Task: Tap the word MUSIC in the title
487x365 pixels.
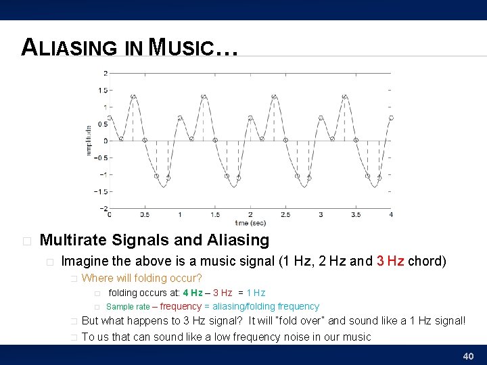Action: coord(181,48)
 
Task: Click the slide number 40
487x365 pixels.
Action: coord(467,356)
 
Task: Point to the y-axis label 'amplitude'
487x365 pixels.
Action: coord(89,141)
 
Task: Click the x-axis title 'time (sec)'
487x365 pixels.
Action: coord(250,222)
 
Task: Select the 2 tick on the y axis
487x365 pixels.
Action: coord(105,73)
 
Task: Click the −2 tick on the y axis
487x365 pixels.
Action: coord(103,208)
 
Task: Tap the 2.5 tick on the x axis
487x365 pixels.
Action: coord(285,215)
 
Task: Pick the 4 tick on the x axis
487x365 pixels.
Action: coord(391,215)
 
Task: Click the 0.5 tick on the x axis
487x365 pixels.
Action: coord(145,215)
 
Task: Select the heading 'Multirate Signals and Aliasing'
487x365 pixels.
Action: coord(154,240)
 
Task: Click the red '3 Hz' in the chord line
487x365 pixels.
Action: coord(390,261)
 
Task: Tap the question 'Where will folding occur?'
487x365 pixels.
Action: coord(141,278)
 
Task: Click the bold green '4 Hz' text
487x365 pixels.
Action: coord(192,293)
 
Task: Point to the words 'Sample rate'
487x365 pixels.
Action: coord(128,307)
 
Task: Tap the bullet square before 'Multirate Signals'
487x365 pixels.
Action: coord(26,241)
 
